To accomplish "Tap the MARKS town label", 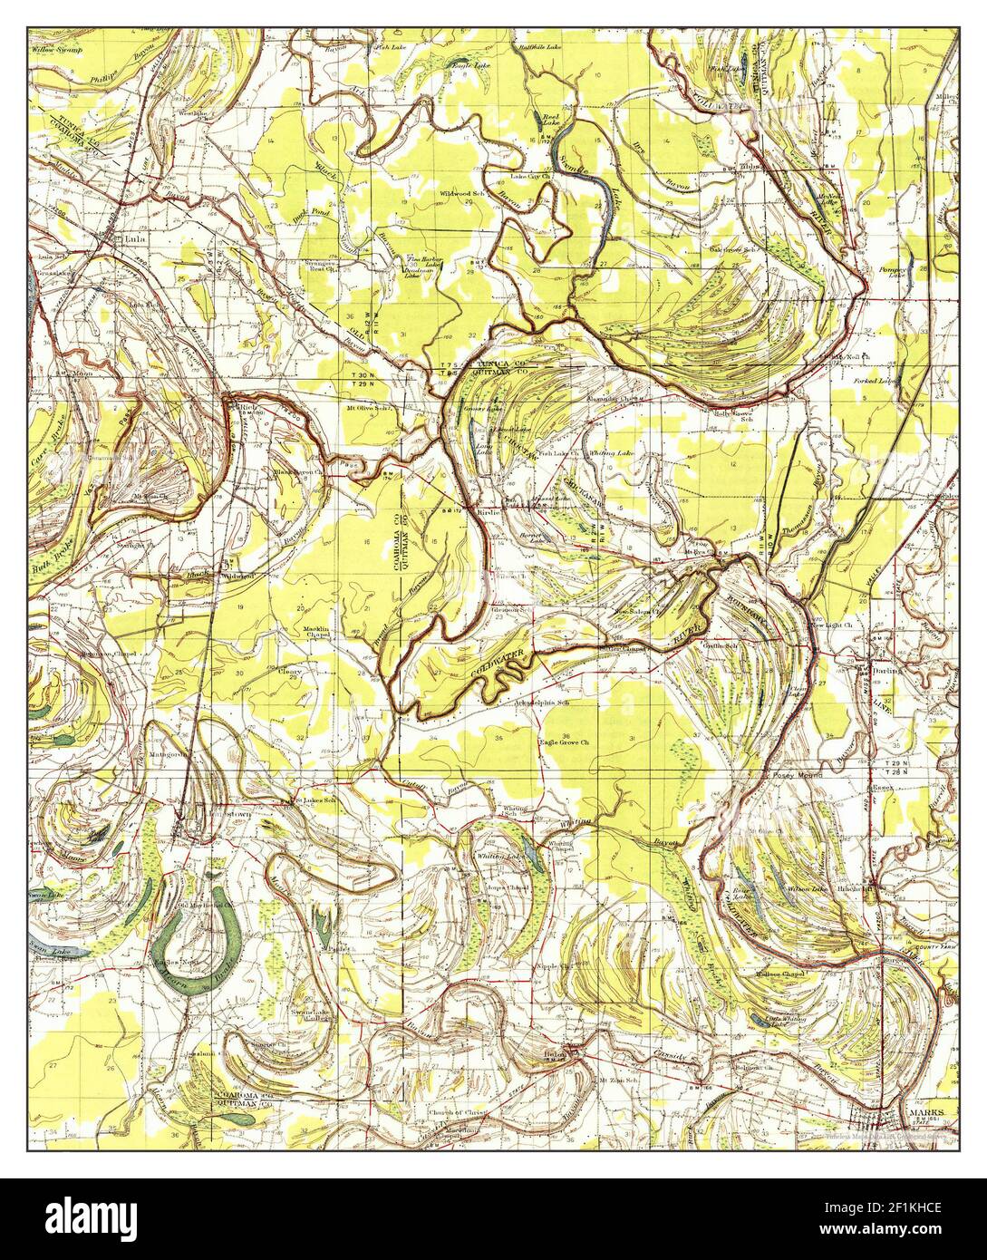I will point(924,1111).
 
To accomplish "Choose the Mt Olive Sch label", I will point(368,409).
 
